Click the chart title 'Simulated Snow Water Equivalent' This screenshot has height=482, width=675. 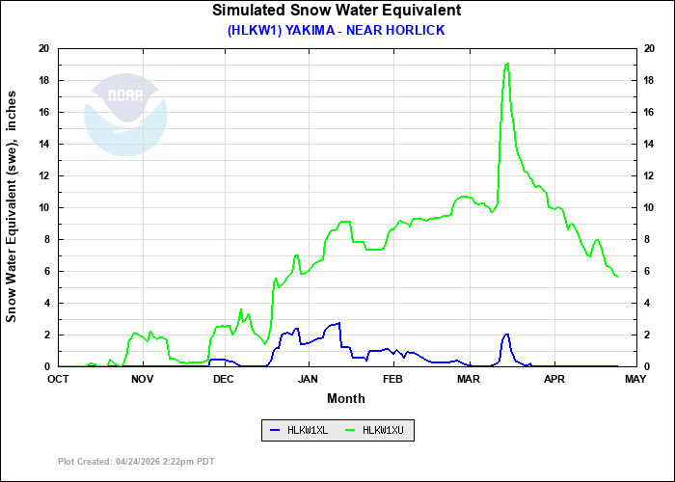[x=337, y=11]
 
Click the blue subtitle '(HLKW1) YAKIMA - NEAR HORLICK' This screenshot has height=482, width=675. [x=337, y=30]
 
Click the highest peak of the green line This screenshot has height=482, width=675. [x=507, y=65]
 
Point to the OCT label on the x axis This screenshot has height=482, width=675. [x=59, y=379]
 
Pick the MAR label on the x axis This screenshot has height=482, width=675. [x=469, y=379]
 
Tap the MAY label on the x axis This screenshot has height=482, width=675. [x=635, y=379]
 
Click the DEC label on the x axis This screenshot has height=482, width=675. [x=224, y=379]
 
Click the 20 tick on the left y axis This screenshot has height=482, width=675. [x=44, y=48]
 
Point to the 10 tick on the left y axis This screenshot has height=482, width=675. [x=44, y=207]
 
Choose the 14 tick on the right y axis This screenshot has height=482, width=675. [x=650, y=144]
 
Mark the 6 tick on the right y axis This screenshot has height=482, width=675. [x=647, y=271]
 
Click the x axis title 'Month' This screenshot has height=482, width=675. [x=346, y=398]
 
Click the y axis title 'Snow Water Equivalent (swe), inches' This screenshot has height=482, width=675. [x=13, y=207]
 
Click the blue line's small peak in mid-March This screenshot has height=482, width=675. [x=506, y=335]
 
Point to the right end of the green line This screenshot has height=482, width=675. [x=617, y=278]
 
